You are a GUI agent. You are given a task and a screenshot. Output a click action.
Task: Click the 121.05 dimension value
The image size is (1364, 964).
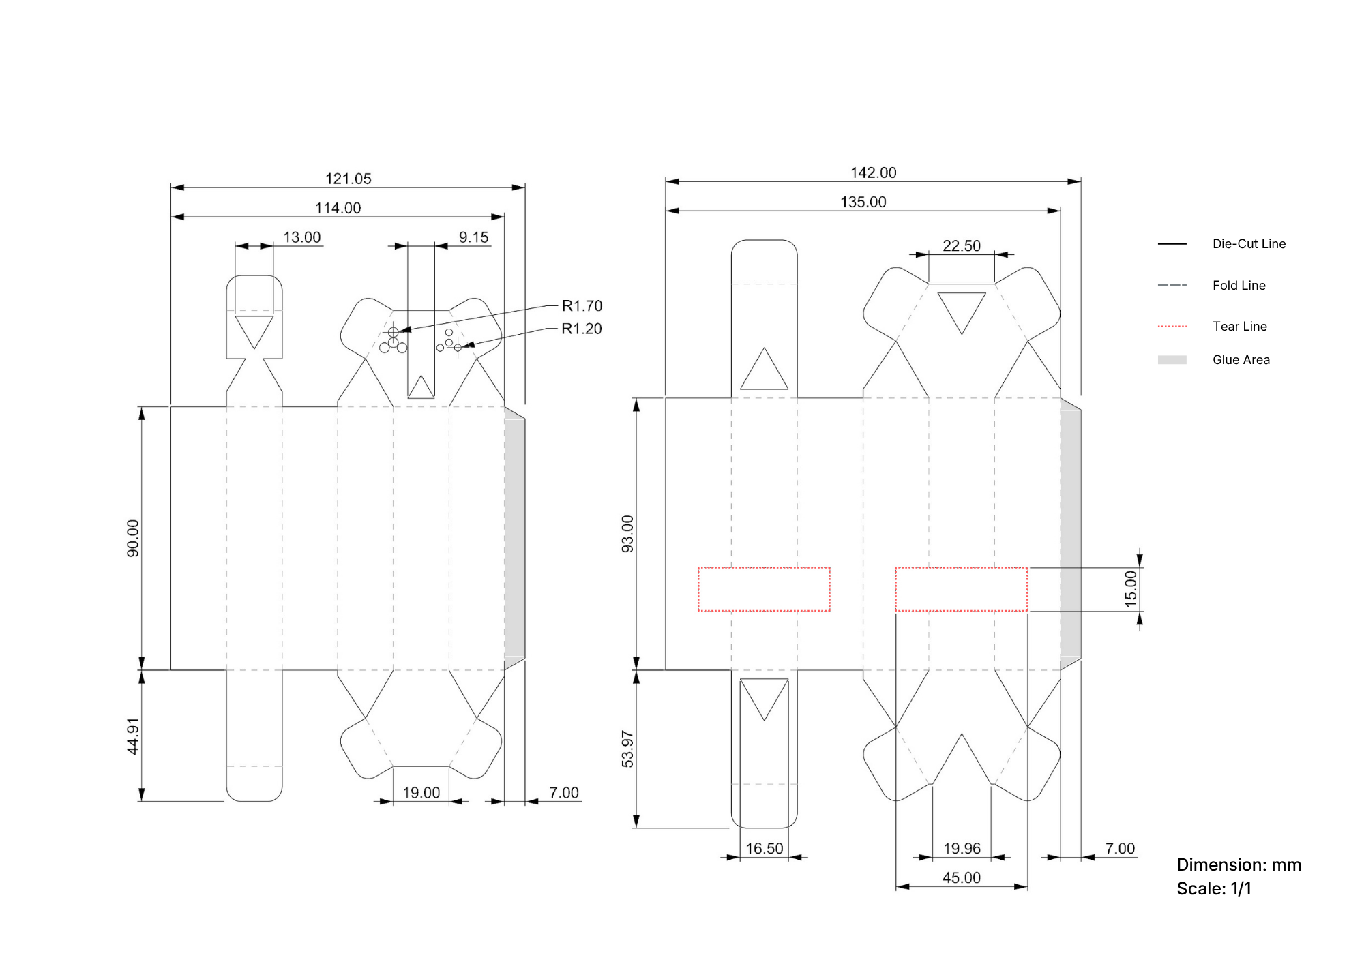click(x=349, y=179)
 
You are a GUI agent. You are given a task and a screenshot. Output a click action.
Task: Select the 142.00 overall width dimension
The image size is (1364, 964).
click(x=874, y=172)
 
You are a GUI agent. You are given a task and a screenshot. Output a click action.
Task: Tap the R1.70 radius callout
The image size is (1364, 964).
click(x=582, y=305)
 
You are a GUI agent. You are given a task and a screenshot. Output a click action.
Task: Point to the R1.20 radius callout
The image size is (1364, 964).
click(x=582, y=329)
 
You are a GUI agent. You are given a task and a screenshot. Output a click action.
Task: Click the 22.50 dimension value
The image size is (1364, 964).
click(x=962, y=245)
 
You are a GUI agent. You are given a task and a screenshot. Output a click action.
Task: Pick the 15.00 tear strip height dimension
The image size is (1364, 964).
click(x=1131, y=589)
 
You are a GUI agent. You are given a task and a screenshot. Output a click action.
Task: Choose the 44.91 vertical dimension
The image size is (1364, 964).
click(x=133, y=736)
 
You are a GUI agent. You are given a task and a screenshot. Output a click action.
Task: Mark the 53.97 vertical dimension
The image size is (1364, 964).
click(x=627, y=749)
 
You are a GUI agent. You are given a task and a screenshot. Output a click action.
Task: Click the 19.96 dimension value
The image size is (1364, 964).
click(x=962, y=848)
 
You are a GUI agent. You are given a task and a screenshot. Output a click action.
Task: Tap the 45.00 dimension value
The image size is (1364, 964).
click(x=962, y=877)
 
